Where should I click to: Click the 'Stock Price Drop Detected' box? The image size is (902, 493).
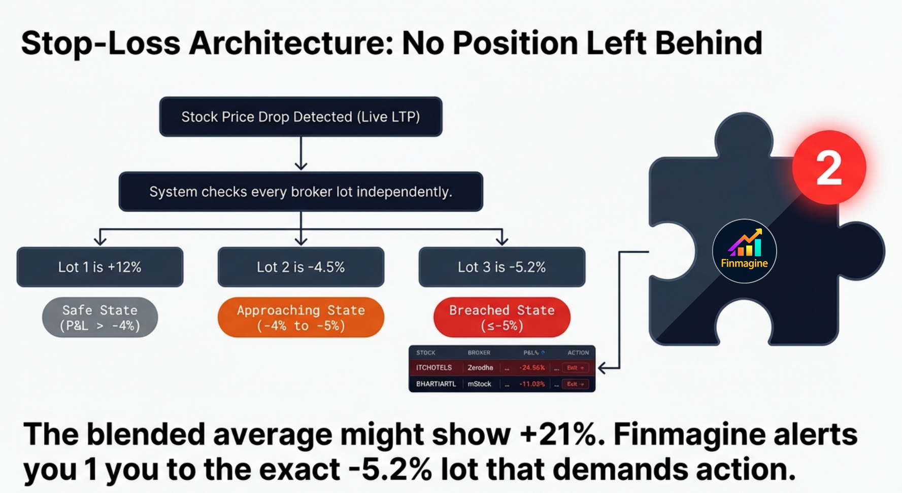point(300,117)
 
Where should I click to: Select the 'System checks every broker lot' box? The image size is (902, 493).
point(300,192)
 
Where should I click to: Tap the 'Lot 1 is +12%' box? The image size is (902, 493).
point(100,267)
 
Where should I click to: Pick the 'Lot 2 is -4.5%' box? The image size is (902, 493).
point(300,267)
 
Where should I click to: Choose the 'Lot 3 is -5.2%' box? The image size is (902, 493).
point(502,267)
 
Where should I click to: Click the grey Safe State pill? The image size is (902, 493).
point(100,318)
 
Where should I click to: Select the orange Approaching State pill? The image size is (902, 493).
point(300,318)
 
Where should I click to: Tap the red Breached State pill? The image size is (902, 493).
point(502,318)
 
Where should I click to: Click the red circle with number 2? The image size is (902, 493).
point(829,167)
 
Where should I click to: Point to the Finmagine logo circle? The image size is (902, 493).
point(744,251)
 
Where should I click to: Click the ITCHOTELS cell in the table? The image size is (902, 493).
point(434,368)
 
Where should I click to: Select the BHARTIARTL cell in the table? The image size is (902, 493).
point(436,384)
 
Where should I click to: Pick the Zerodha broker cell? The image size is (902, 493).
point(480,368)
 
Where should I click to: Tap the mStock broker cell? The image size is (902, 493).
point(479,384)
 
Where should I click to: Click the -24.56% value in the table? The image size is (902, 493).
point(531,368)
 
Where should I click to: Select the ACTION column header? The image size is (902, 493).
point(578,353)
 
